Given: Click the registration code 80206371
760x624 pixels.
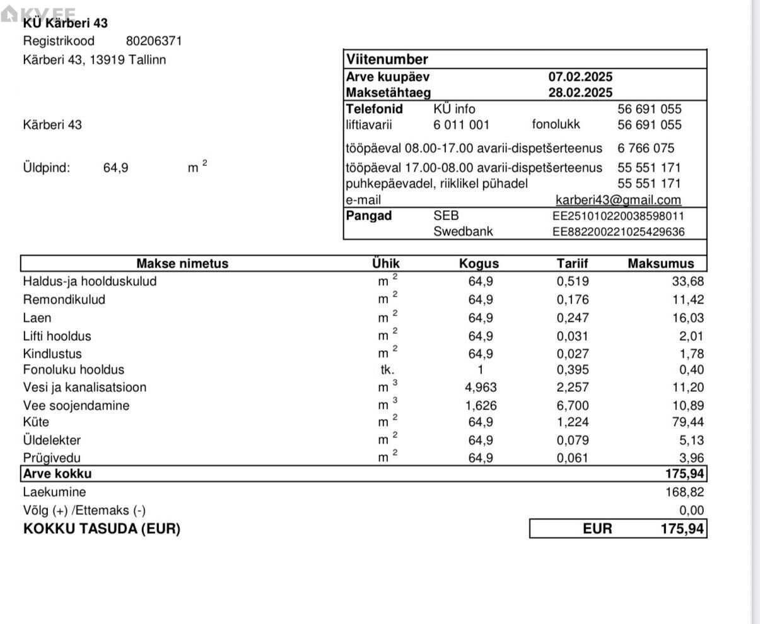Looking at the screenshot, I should click(x=154, y=41).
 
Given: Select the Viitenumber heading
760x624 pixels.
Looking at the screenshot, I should click(x=387, y=59).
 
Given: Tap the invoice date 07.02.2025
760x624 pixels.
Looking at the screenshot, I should click(x=580, y=77).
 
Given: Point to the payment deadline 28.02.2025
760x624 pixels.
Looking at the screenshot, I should click(x=580, y=93).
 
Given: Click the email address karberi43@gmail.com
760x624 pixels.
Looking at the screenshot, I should click(x=618, y=200).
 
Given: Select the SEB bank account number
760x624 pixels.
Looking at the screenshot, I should click(x=618, y=216).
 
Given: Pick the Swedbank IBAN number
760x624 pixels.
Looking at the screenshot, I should click(x=618, y=232).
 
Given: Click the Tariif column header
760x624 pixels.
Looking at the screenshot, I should click(x=573, y=264).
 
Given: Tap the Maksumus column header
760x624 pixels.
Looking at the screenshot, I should click(x=660, y=264).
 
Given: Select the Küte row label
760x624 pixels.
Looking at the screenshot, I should click(x=36, y=422).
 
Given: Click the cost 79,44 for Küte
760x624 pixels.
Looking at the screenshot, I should click(x=688, y=422).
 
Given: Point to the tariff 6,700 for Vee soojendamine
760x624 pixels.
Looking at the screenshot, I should click(x=573, y=406).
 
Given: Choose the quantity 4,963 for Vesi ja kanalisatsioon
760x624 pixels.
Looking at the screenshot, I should click(x=481, y=387).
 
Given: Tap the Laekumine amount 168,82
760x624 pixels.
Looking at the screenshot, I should click(x=685, y=492).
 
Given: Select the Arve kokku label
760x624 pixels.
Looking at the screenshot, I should click(x=57, y=474).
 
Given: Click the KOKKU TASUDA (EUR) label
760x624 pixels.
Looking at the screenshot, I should click(x=102, y=529).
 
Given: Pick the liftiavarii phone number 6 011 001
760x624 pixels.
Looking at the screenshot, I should click(x=461, y=125).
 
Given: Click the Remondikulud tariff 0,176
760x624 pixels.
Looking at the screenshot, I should click(x=573, y=300).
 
